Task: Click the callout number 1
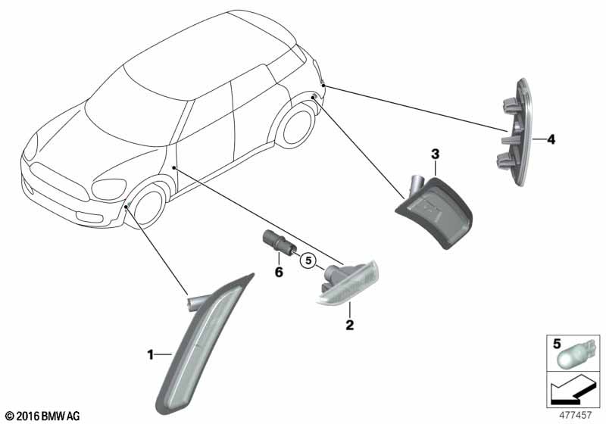point(151,354)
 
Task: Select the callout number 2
point(350,325)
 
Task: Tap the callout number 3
point(435,154)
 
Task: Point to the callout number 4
point(551,139)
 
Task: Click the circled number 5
point(308,260)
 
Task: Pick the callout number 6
point(279,273)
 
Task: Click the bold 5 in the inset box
point(557,344)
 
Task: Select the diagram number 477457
point(576,416)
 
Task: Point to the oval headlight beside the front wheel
point(108,189)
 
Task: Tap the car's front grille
point(59,182)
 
